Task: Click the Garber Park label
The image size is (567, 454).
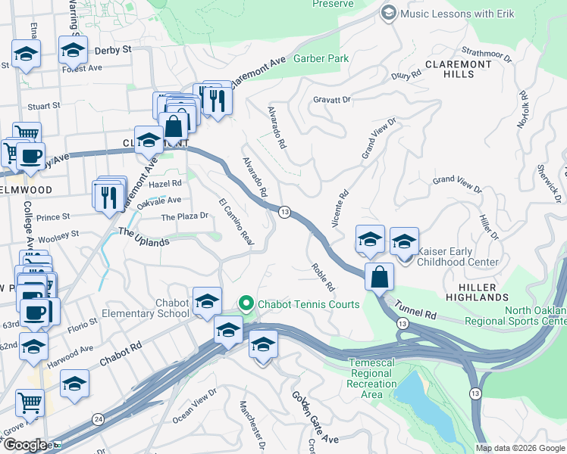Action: (321, 58)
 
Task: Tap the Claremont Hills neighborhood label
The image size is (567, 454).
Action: (459, 70)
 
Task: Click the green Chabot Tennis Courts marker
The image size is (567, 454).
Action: (246, 304)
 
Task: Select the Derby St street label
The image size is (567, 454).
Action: (113, 50)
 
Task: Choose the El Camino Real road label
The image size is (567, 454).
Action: (235, 222)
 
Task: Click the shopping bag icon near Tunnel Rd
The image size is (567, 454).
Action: (379, 276)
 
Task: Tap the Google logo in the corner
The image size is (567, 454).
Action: (25, 445)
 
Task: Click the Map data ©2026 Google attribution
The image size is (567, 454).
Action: (519, 448)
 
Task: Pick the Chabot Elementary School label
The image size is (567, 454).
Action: (161, 309)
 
